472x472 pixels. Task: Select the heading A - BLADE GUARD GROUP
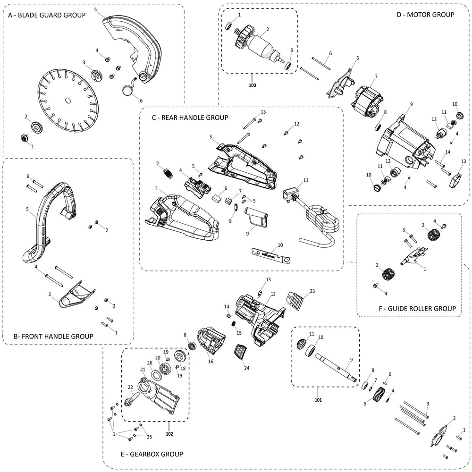[x=47, y=15]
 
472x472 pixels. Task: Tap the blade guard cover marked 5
[x=137, y=52]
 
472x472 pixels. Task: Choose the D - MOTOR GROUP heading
[x=425, y=15]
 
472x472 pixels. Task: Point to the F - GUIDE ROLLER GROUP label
[x=417, y=308]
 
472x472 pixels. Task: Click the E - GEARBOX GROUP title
[x=152, y=454]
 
